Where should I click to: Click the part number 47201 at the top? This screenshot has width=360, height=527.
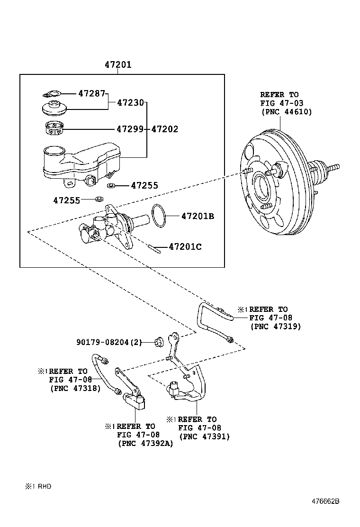click(118, 65)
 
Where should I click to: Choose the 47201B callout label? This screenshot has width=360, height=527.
click(198, 217)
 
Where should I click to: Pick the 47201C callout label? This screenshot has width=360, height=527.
click(185, 246)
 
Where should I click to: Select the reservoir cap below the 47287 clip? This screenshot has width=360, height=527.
click(55, 109)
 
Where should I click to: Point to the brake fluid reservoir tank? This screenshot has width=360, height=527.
click(81, 161)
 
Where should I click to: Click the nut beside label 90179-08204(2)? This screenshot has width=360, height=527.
click(160, 341)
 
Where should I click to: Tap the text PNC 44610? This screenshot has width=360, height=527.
click(286, 112)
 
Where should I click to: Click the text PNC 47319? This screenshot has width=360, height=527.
click(275, 327)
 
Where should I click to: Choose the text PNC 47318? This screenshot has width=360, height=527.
click(75, 388)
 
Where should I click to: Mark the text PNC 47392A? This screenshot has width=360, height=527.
click(145, 444)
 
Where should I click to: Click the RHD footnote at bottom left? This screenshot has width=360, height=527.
click(38, 486)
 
